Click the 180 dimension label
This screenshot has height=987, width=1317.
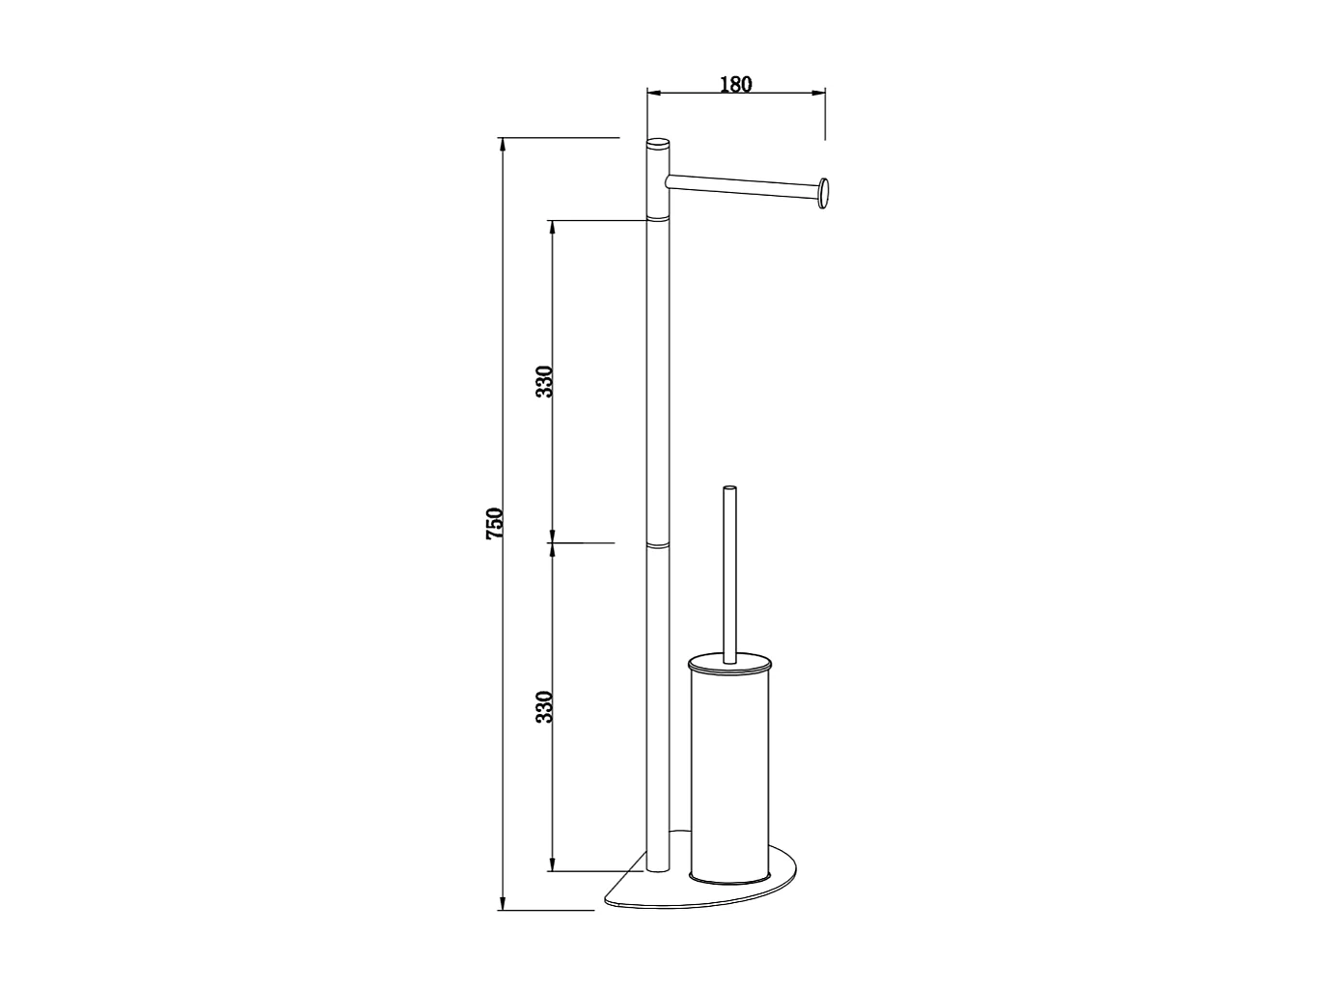coord(735,84)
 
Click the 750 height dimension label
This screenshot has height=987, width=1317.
coord(494,523)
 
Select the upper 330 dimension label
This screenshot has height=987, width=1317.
coord(544,382)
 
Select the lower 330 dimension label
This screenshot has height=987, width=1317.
coord(544,707)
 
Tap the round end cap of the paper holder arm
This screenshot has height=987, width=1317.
coord(823,193)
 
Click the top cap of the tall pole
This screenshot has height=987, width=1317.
coord(657,144)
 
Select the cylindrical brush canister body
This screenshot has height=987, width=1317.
coord(730,772)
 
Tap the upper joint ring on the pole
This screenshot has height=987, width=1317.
coord(657,219)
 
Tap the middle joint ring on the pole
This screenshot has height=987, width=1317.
coord(657,545)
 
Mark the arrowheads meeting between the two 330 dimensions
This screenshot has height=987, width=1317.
coord(552,542)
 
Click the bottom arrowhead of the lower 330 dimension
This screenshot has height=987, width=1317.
coord(552,864)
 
